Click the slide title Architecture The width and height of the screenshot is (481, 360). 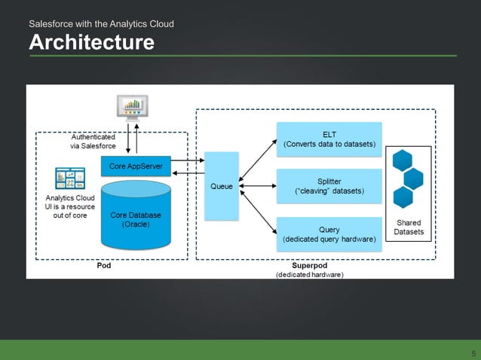pos(91,42)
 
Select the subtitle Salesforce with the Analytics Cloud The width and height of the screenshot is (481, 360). pos(101,24)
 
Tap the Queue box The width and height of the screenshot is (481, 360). pos(221,186)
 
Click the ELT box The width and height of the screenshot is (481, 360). pos(329,139)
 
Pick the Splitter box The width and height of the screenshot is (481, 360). pos(329,186)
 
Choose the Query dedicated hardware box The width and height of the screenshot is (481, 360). pos(329,234)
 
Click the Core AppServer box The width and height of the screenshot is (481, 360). pos(136,166)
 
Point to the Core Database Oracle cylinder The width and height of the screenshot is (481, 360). pos(136,218)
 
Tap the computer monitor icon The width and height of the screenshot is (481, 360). pos(133,107)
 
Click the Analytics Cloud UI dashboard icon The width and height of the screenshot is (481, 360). pos(69,178)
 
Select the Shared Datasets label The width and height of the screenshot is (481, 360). pos(409,227)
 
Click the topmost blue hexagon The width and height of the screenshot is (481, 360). pos(402,161)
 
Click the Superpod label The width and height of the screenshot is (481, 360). pos(308,266)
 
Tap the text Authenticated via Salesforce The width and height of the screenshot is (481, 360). pos(93,142)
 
